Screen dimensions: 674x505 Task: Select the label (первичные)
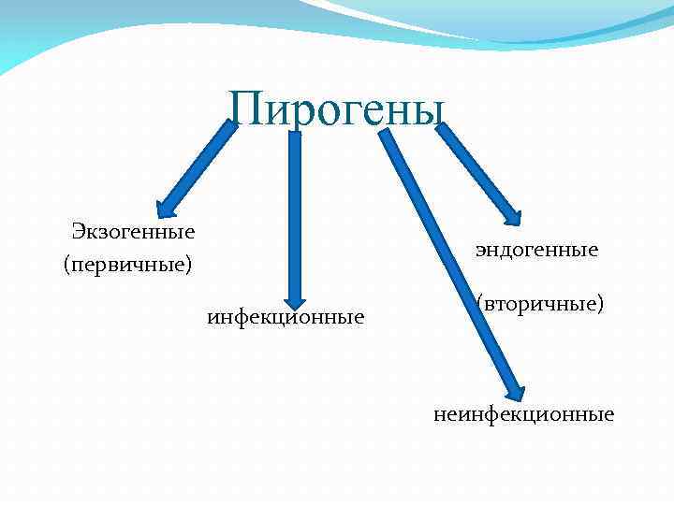pyautogui.click(x=127, y=266)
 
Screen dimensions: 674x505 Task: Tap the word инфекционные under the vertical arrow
pyautogui.click(x=286, y=318)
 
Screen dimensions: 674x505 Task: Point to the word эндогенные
pyautogui.click(x=536, y=250)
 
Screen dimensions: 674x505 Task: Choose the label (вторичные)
pyautogui.click(x=539, y=304)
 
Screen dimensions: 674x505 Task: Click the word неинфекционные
pyautogui.click(x=524, y=413)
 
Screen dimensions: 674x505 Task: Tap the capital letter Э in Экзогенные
pyautogui.click(x=80, y=231)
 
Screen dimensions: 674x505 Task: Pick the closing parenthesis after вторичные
pyautogui.click(x=599, y=305)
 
